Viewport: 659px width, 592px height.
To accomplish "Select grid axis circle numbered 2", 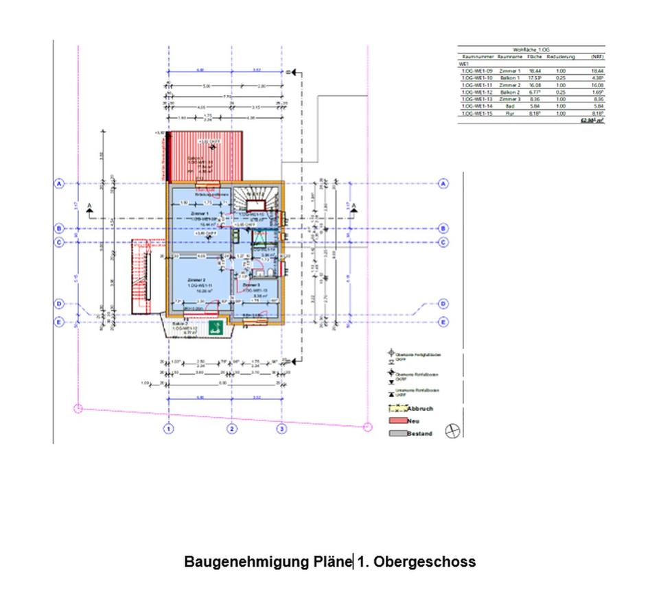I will [x=233, y=429].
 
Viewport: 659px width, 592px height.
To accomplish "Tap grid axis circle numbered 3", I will [x=281, y=429].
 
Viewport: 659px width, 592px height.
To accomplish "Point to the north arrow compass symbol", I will [x=454, y=431].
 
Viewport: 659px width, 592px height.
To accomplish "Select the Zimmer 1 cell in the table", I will [x=509, y=71].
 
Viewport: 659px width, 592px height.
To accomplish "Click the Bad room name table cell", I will [x=509, y=106].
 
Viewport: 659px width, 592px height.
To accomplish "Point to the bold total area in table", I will [x=591, y=120].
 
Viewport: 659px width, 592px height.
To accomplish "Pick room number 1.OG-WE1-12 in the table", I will [x=476, y=92].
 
